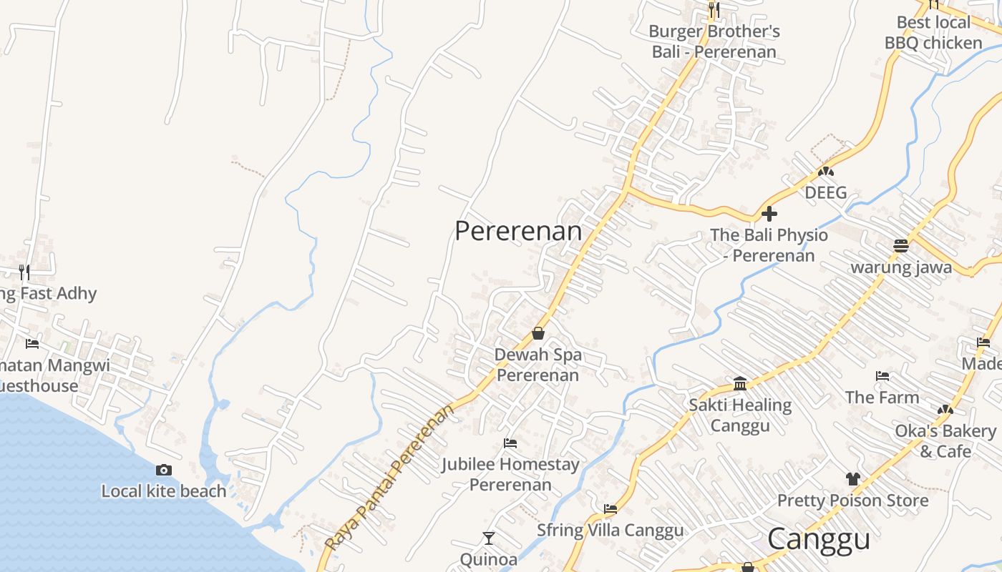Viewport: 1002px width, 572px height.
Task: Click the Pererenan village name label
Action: tap(518, 231)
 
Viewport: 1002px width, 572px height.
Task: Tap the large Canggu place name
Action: tap(819, 540)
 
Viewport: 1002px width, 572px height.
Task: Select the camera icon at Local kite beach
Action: tap(164, 470)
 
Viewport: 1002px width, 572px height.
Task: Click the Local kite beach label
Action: tap(164, 491)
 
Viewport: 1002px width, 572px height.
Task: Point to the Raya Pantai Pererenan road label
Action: tap(390, 477)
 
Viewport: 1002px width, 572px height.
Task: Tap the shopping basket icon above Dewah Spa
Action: tap(538, 333)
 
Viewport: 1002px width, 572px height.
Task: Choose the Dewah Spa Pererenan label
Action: tap(538, 365)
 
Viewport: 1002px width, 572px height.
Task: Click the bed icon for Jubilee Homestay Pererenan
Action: tap(510, 443)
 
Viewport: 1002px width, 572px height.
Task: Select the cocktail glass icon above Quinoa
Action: tap(489, 538)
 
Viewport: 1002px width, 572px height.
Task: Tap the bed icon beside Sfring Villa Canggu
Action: tap(611, 509)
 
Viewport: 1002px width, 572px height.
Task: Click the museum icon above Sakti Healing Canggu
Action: tap(740, 384)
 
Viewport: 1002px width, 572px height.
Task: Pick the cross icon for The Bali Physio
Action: tap(769, 214)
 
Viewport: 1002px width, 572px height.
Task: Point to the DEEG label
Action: tap(826, 193)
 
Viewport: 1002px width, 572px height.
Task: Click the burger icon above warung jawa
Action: tap(901, 246)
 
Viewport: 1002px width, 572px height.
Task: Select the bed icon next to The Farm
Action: tap(882, 376)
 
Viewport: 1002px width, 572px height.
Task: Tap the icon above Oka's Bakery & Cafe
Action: tap(945, 410)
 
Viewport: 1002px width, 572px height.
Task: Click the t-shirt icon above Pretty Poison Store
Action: tap(852, 478)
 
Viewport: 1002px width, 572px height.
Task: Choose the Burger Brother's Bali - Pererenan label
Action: tap(714, 41)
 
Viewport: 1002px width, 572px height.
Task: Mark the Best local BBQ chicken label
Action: tap(933, 33)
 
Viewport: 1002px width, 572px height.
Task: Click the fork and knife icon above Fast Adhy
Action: tap(24, 272)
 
